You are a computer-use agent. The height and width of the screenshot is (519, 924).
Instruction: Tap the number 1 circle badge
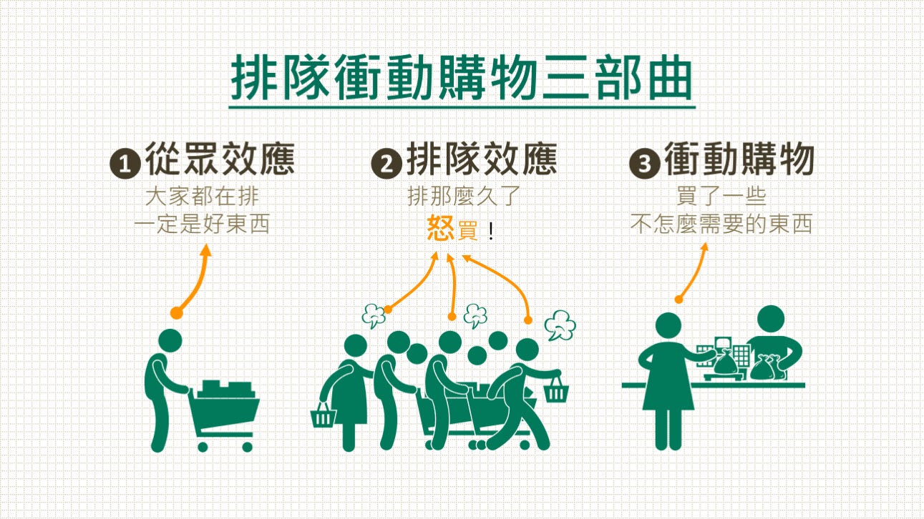tap(125, 164)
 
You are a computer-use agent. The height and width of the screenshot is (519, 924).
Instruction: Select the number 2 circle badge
tap(387, 164)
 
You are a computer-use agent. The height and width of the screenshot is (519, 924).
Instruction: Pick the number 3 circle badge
tap(644, 164)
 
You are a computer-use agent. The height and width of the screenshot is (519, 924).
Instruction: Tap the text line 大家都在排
tap(202, 195)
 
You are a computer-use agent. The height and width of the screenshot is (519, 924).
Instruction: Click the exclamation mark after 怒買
tap(491, 232)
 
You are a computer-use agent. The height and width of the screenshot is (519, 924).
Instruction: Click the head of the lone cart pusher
tap(171, 340)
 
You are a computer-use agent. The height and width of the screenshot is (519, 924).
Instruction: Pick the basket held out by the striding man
tap(555, 390)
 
